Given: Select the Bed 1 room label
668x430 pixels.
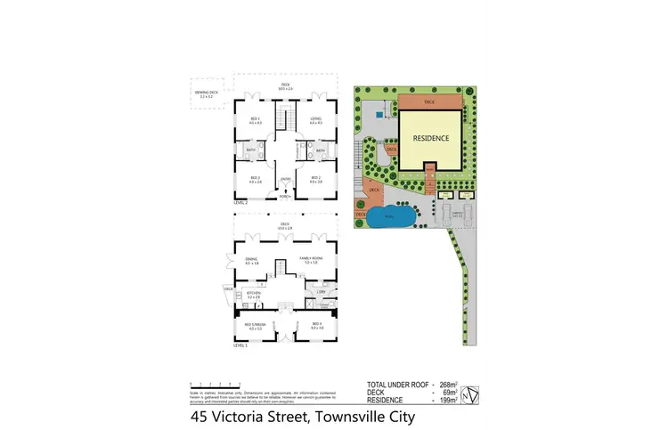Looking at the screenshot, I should point(254,121).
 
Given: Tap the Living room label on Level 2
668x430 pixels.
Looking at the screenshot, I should point(315,119).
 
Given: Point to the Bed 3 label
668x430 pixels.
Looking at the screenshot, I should point(255,179).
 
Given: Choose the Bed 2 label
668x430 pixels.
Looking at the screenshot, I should point(315,179).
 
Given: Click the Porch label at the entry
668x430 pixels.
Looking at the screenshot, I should point(286,197).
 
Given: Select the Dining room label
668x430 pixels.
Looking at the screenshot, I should point(252,259).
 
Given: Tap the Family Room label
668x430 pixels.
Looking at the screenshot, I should point(312,259).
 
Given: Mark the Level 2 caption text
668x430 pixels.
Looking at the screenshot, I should point(240,203).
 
